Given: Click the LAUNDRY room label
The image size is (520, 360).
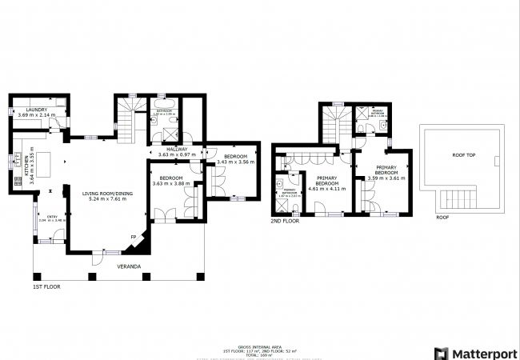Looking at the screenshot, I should [x=37, y=110].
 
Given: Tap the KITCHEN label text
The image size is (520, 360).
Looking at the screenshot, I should [x=26, y=166].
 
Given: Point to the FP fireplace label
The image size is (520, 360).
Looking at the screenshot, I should [x=134, y=237].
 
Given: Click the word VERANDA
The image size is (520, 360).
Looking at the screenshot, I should [x=129, y=265].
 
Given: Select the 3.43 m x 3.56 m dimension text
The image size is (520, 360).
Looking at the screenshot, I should [x=235, y=162].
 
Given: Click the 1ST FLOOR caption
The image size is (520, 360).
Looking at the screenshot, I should [x=46, y=286].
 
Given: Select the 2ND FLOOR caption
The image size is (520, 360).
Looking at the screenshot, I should [x=286, y=221].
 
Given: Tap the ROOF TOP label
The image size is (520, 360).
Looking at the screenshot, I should [x=464, y=155].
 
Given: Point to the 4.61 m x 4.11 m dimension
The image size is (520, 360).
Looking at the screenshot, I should [x=326, y=189].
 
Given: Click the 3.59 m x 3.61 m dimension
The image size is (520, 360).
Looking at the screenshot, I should [x=387, y=178].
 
